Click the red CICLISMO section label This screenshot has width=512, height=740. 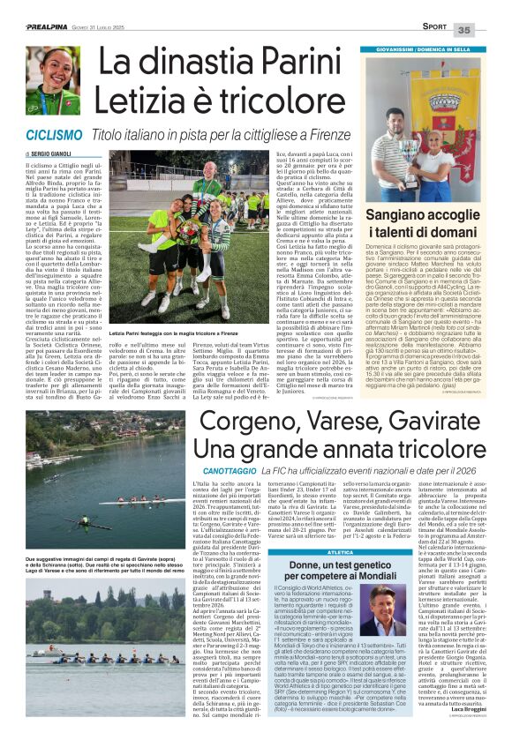coord(56,135)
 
